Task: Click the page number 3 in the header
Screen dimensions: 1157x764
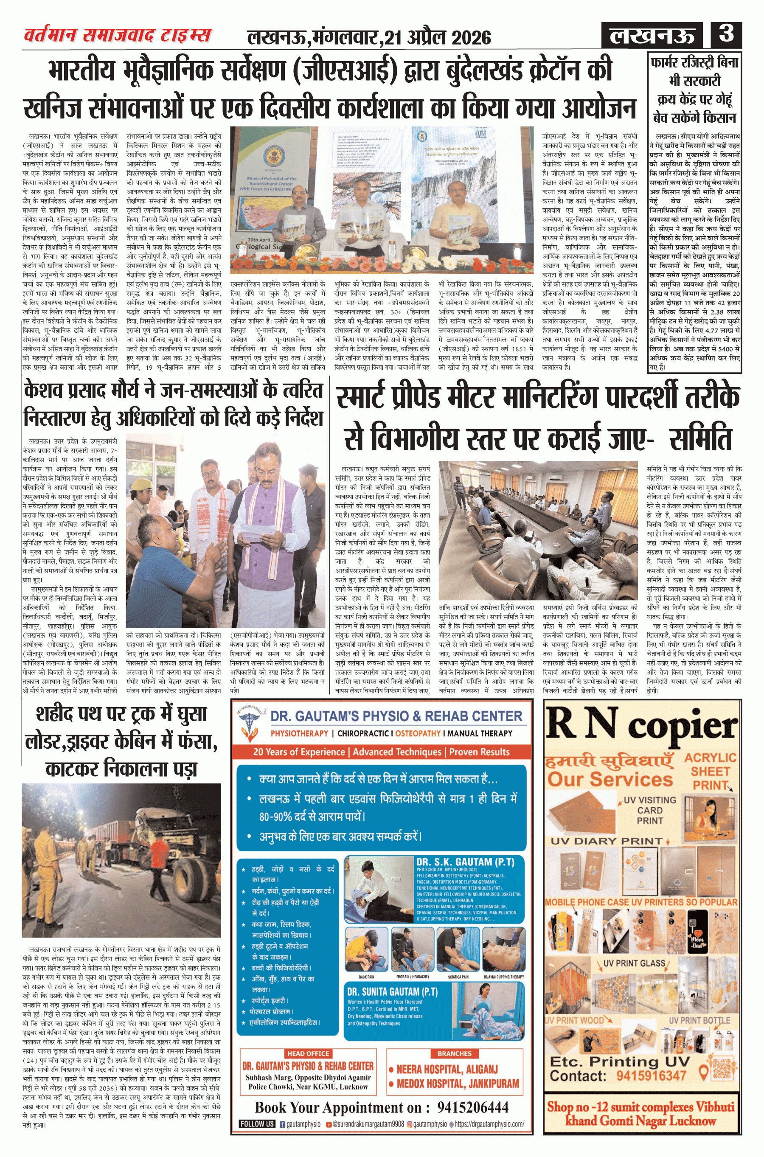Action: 726,34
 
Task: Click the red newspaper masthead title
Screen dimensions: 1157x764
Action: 118,36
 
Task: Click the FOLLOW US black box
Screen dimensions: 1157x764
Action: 257,1124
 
